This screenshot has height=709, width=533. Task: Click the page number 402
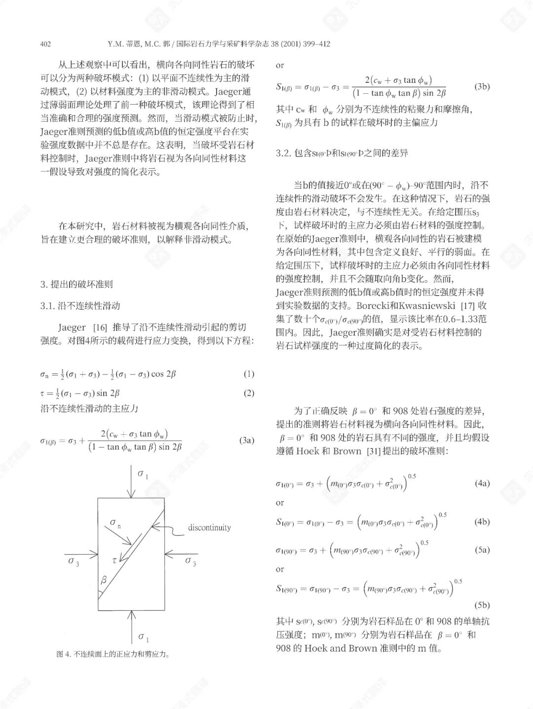coord(45,44)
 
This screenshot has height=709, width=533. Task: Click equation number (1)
coord(249,373)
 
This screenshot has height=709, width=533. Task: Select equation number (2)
coord(249,393)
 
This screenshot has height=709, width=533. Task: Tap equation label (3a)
coord(247,440)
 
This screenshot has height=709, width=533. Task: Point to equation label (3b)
coord(482,86)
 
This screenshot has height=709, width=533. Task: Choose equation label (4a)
coord(482,483)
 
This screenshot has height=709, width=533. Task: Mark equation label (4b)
coord(482,522)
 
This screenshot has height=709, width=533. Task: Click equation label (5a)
coord(482,549)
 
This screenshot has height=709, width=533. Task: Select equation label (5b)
coord(482,605)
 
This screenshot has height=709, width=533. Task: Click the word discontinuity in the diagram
coord(209,527)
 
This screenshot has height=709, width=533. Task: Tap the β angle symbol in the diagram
coord(104,581)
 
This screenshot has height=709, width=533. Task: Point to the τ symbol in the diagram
coord(114,560)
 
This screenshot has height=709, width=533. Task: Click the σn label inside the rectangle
coord(115,523)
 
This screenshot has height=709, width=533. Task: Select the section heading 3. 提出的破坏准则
coord(76,284)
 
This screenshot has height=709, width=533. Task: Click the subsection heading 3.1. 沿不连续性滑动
coord(80,306)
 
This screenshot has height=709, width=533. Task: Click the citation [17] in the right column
coord(469,306)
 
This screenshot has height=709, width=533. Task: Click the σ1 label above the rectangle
coord(143,475)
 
